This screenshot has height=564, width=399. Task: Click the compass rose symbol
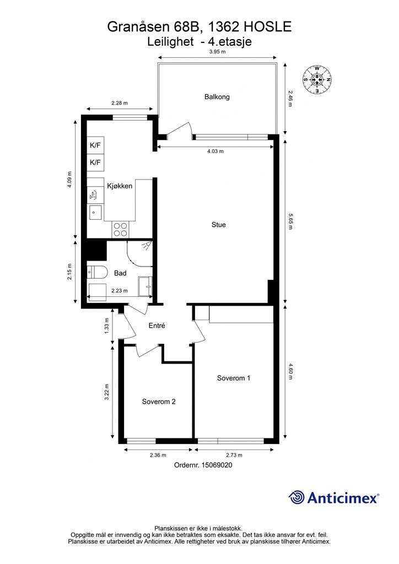(317, 80)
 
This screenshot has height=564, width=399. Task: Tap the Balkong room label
(217, 97)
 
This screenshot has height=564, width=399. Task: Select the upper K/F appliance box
(95, 145)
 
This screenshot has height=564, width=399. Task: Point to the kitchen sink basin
(95, 212)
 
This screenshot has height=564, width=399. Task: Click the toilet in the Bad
(97, 272)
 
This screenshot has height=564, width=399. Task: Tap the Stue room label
(219, 225)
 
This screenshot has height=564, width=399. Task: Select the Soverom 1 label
(234, 378)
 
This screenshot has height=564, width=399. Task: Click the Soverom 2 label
(159, 402)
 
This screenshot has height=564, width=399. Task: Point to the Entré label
(157, 326)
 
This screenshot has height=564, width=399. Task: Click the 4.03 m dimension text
(215, 151)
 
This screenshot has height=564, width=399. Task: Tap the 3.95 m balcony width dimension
(217, 51)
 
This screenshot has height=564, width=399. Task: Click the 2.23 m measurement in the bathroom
(120, 291)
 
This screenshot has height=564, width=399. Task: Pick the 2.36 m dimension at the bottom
(158, 455)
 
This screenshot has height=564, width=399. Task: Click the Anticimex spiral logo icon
(296, 497)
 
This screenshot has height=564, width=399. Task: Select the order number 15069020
(217, 465)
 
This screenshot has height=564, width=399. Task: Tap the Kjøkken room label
(120, 186)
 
